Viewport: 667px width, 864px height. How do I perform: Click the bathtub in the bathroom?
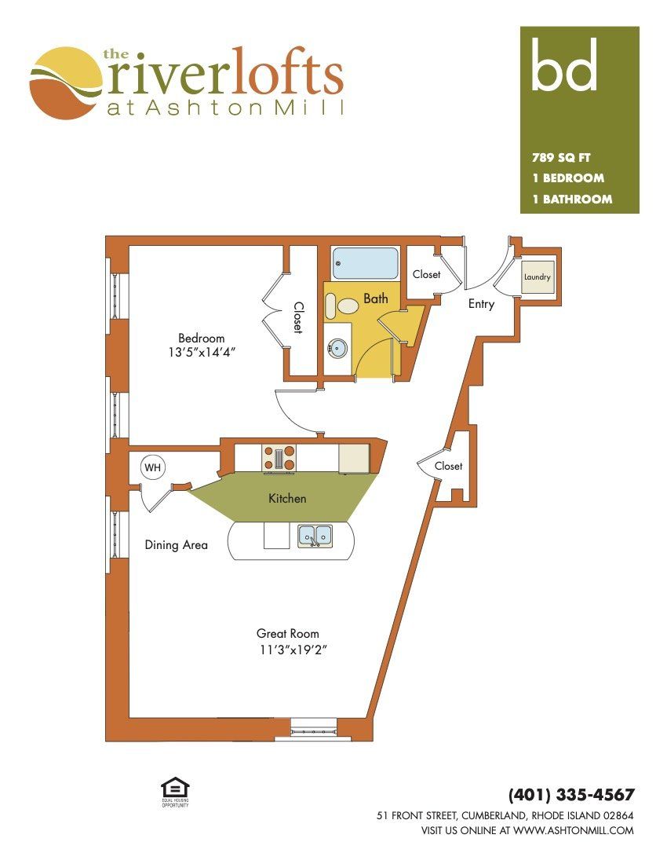(x=365, y=263)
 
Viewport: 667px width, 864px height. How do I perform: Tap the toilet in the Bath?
(x=342, y=306)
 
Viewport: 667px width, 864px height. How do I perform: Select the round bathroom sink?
(x=337, y=348)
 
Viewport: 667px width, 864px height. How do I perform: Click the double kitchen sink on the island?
(x=315, y=536)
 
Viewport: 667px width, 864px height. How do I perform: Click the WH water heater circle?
(x=152, y=468)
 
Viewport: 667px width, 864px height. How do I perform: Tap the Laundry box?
(x=537, y=276)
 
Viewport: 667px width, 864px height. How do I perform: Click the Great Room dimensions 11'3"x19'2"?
(x=293, y=650)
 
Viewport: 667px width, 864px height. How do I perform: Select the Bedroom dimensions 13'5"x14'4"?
(x=202, y=352)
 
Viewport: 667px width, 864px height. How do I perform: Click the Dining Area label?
(x=176, y=545)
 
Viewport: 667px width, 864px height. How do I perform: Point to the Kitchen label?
(x=287, y=499)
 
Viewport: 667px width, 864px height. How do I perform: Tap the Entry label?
(x=481, y=304)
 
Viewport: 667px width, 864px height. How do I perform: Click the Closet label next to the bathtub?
(x=427, y=274)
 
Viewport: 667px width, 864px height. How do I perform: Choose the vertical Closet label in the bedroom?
(x=298, y=317)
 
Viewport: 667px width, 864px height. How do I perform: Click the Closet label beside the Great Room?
(x=449, y=466)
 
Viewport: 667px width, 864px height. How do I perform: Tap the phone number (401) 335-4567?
(x=571, y=795)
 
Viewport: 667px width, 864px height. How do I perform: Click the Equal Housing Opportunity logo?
(x=175, y=792)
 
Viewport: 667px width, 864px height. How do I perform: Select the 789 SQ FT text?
(x=561, y=158)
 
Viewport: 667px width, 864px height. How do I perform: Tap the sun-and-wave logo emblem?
(x=66, y=83)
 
